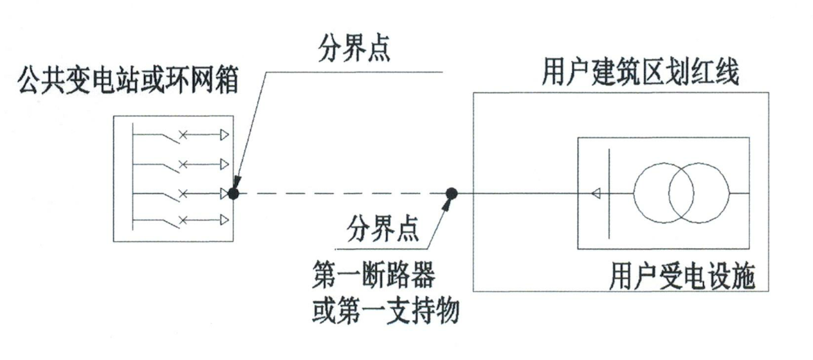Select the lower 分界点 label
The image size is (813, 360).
[x=382, y=228]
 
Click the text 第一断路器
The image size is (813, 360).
[x=372, y=278]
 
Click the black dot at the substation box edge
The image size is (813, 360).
[x=234, y=194]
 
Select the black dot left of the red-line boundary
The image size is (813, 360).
[x=452, y=193]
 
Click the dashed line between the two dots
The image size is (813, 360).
[x=341, y=194]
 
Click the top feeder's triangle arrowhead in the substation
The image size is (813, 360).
[x=223, y=135]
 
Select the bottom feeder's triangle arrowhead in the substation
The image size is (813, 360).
[x=223, y=221]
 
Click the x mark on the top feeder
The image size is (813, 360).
[x=182, y=135]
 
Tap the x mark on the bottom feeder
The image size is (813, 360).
[x=182, y=221]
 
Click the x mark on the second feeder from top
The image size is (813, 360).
[x=182, y=164]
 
